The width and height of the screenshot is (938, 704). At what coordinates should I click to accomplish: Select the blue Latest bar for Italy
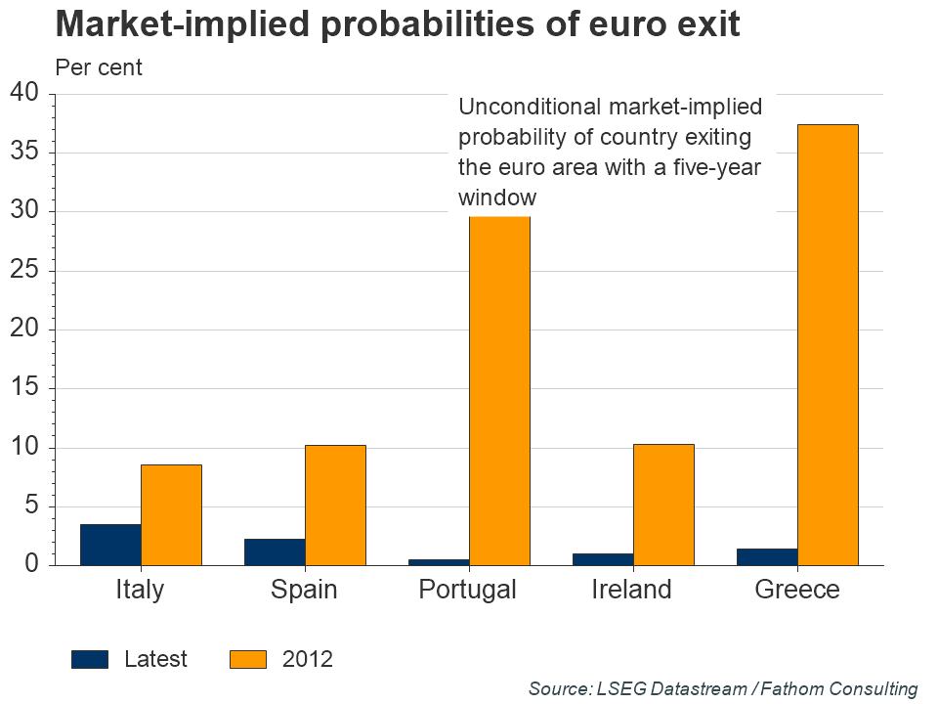coord(110,545)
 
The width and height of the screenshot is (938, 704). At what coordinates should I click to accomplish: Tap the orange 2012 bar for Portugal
coord(499,391)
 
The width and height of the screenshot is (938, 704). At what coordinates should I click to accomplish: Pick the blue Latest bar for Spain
coord(275,551)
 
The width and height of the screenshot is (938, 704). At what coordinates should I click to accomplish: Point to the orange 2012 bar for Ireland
coord(663,505)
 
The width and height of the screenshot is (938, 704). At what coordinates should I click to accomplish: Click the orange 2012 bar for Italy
coord(171,514)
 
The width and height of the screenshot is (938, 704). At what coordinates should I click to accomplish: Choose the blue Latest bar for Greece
coord(767,556)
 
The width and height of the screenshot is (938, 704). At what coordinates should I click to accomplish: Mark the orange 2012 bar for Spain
coord(335,505)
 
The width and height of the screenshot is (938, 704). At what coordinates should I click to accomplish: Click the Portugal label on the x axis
coord(467,590)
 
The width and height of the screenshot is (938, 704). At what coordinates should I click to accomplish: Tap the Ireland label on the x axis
coord(632,590)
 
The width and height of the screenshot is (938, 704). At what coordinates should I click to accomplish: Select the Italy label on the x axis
coord(140,590)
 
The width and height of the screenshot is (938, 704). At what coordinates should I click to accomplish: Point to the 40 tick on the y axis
coord(23,93)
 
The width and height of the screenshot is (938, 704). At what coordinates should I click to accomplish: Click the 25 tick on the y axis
coord(23,271)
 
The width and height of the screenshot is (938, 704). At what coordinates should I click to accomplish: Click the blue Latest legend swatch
coord(90,659)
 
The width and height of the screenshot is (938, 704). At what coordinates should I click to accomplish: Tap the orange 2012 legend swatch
coord(248,659)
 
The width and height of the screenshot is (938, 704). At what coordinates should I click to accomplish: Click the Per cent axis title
coord(99,67)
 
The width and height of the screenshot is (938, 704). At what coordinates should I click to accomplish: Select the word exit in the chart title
coord(705,23)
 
